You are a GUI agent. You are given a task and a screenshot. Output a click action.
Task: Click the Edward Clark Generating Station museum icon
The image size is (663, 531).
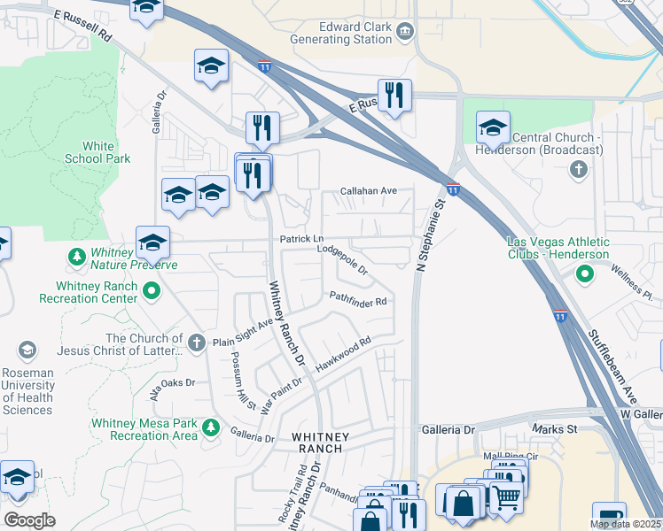[x=405, y=32]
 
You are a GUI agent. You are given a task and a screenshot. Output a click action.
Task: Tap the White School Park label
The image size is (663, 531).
[x=97, y=152]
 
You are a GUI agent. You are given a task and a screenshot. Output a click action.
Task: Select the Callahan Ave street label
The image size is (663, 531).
[x=370, y=190]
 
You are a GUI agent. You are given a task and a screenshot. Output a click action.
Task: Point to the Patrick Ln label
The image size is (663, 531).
[x=302, y=239]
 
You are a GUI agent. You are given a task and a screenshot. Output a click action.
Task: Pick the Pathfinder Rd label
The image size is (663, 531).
[x=359, y=299]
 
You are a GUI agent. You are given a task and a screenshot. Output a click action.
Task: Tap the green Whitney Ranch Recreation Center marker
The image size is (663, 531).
[x=151, y=289]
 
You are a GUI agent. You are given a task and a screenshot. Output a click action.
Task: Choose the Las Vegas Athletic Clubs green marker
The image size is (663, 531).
[x=583, y=275]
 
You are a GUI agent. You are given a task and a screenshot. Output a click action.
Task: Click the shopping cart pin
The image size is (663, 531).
[x=505, y=496]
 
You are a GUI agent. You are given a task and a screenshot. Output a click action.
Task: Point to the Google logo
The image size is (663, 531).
[x=29, y=520]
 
